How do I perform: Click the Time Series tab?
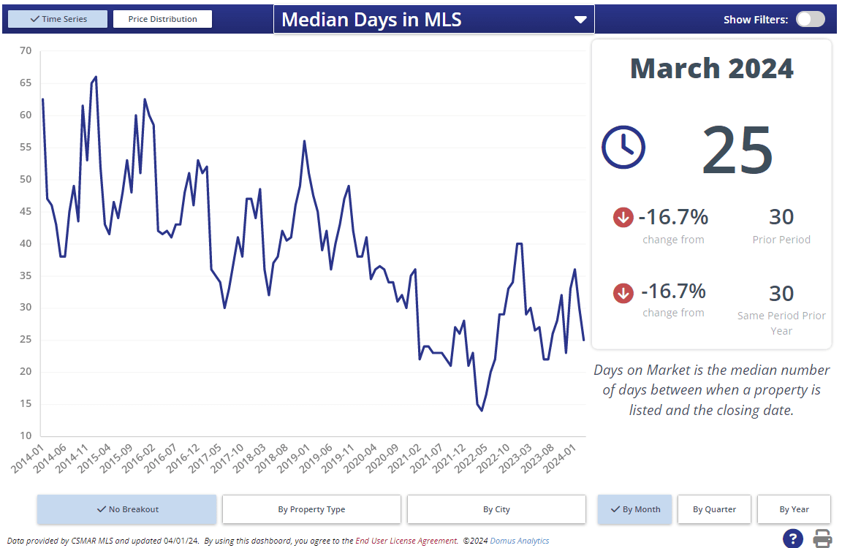tap(58, 19)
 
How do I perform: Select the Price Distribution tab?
tap(162, 19)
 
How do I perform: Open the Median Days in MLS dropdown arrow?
tap(580, 20)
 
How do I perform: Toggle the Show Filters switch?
tap(810, 20)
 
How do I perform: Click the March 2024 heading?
tap(711, 69)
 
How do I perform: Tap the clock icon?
tap(623, 147)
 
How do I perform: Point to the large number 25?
tap(737, 150)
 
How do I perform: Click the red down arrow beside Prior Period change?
tap(623, 217)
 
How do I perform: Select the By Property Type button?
tap(311, 509)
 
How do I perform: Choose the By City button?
tap(496, 509)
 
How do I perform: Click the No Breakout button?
tap(127, 509)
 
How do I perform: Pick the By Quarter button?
tap(714, 509)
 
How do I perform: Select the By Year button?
tap(794, 509)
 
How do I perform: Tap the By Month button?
tap(634, 509)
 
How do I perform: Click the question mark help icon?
tap(793, 539)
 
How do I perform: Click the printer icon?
tap(823, 539)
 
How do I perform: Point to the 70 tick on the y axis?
tap(26, 50)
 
